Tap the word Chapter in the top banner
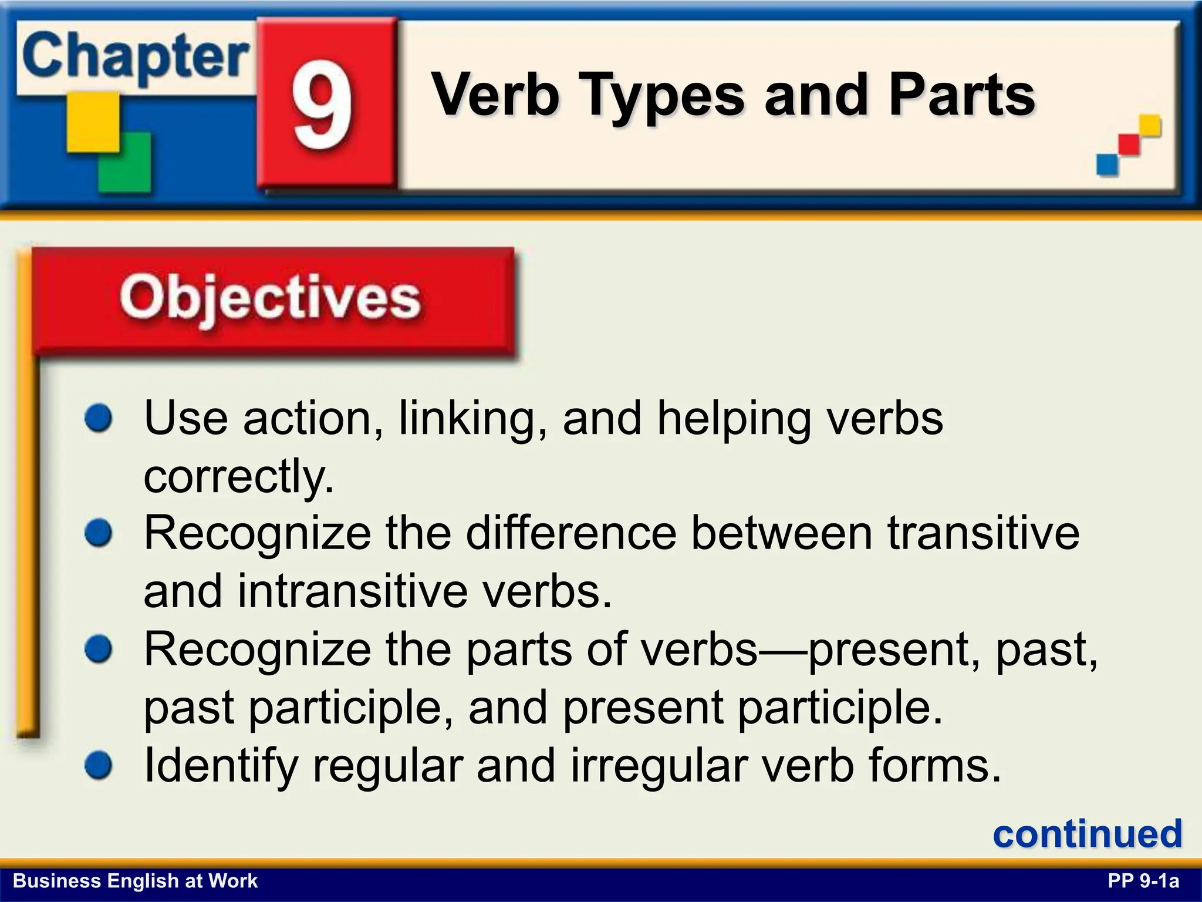(x=135, y=58)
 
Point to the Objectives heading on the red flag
(x=270, y=298)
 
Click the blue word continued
(x=1087, y=834)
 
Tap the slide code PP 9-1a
(x=1143, y=881)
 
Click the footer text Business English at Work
(x=135, y=881)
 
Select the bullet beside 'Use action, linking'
(x=98, y=419)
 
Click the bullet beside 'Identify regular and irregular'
(x=98, y=766)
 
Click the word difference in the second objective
(x=572, y=533)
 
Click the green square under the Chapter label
(x=124, y=162)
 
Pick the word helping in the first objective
(x=734, y=419)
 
